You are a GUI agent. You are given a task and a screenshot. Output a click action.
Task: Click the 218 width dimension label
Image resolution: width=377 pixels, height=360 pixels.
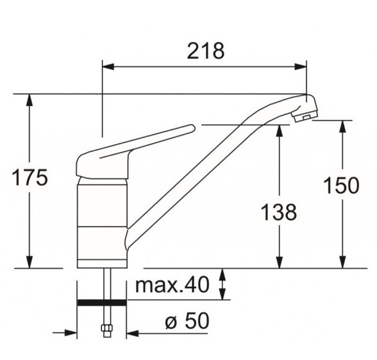[x=206, y=51]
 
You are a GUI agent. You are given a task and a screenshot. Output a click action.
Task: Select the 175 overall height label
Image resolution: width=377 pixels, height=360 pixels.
[x=29, y=178]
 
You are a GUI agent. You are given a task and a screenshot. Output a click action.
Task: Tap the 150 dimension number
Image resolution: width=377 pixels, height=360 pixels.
[x=341, y=185]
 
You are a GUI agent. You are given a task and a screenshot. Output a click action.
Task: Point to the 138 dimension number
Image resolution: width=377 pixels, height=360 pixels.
[x=279, y=212]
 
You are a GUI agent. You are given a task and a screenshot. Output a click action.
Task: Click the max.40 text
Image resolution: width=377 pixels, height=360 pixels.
[x=172, y=285]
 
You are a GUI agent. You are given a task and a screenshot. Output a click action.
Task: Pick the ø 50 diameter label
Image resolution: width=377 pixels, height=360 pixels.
[x=187, y=321]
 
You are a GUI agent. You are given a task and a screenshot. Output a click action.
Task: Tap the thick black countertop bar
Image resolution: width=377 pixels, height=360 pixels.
[x=102, y=302]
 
